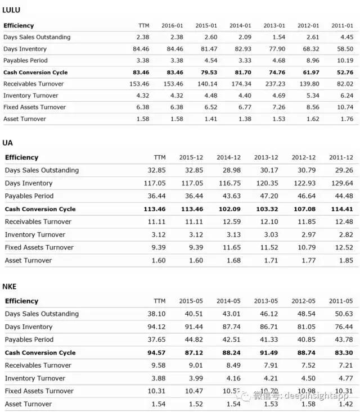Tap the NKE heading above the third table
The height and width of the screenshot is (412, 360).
point(10,287)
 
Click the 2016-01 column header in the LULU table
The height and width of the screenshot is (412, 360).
point(172,26)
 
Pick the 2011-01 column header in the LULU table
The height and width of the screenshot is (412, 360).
point(342,26)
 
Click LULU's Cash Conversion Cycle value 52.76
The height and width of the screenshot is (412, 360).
point(344,73)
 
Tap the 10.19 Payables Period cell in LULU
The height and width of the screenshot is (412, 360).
point(344,61)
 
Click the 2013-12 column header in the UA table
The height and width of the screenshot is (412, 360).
point(267,157)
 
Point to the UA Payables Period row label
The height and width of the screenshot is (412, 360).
point(29,196)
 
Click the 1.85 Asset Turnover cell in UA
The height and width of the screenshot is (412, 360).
point(345,260)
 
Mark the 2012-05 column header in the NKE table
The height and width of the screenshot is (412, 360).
point(304,301)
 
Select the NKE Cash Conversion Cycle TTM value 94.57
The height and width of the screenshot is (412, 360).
point(156,353)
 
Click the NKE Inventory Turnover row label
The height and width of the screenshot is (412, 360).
point(35,378)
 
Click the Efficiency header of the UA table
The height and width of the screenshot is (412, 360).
point(21,157)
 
